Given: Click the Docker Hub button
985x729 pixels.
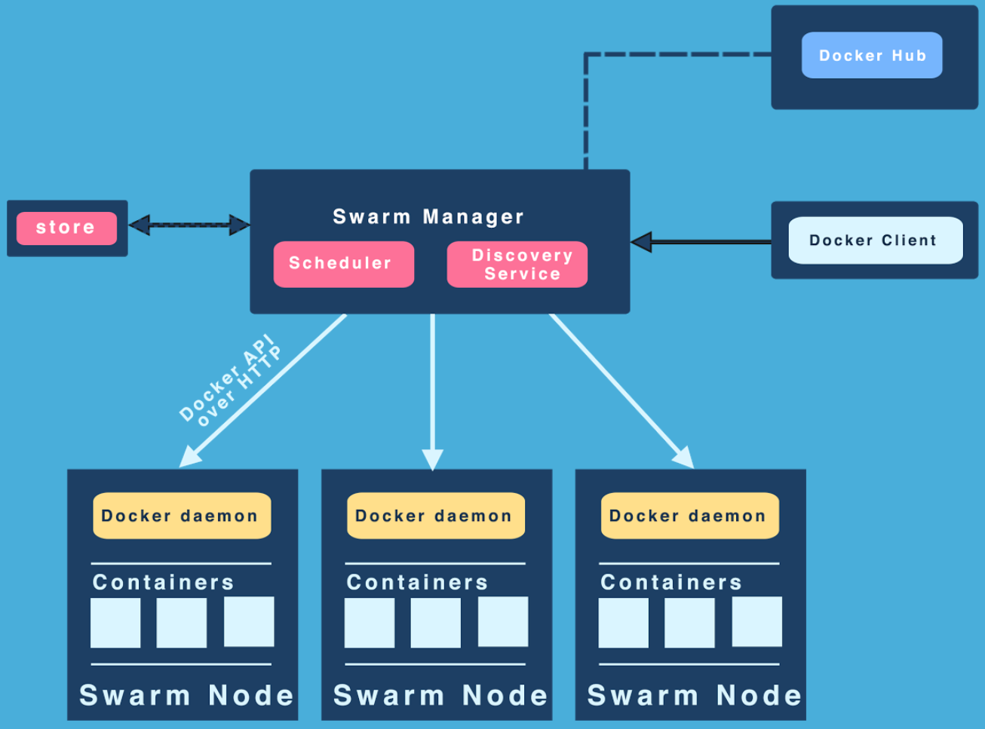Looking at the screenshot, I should tap(872, 55).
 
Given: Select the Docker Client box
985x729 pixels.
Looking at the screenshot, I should tap(875, 240).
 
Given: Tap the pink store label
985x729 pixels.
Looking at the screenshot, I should tap(66, 228).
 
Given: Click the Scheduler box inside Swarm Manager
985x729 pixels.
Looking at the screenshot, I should tap(343, 264).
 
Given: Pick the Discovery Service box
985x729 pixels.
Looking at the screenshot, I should tap(517, 264).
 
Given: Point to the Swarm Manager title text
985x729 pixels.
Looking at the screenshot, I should tap(428, 217).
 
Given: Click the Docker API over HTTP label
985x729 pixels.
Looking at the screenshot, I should tap(231, 381).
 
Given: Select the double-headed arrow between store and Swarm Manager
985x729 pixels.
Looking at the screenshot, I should tap(189, 225).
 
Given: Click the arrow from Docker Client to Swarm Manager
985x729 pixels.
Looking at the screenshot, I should tap(701, 242).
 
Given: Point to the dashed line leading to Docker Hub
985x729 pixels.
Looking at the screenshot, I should tap(587, 106).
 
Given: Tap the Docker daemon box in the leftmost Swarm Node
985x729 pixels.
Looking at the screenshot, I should tap(181, 516).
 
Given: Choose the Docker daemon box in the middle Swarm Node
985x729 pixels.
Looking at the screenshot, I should tap(435, 516).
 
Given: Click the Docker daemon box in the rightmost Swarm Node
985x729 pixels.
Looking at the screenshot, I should tap(689, 516).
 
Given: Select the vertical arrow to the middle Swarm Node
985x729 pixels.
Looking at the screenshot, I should tap(433, 384).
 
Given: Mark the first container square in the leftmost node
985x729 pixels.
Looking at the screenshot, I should tap(115, 623).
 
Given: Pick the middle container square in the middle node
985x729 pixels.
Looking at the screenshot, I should tap(435, 623).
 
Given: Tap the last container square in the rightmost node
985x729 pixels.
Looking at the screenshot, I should tap(756, 623).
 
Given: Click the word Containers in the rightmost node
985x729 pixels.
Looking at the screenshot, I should tap(671, 582).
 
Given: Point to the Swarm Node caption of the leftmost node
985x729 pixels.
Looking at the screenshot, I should tap(186, 695).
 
